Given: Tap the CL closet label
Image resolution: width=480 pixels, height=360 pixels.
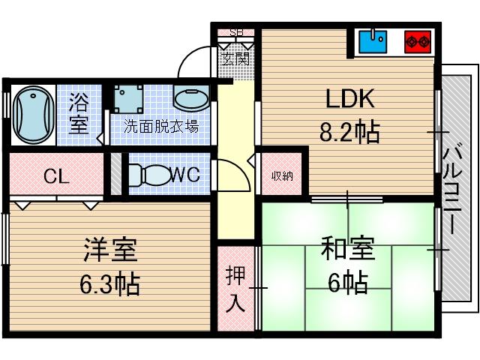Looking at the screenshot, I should (56, 177).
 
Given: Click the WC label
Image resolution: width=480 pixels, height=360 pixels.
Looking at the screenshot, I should (184, 175).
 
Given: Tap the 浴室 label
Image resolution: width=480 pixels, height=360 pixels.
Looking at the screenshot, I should (79, 112).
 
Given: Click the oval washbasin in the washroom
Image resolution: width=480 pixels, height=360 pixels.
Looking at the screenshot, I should (190, 98).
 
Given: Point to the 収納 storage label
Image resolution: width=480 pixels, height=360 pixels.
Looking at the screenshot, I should (282, 176).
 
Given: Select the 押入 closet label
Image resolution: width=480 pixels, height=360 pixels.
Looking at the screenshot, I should (235, 289).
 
